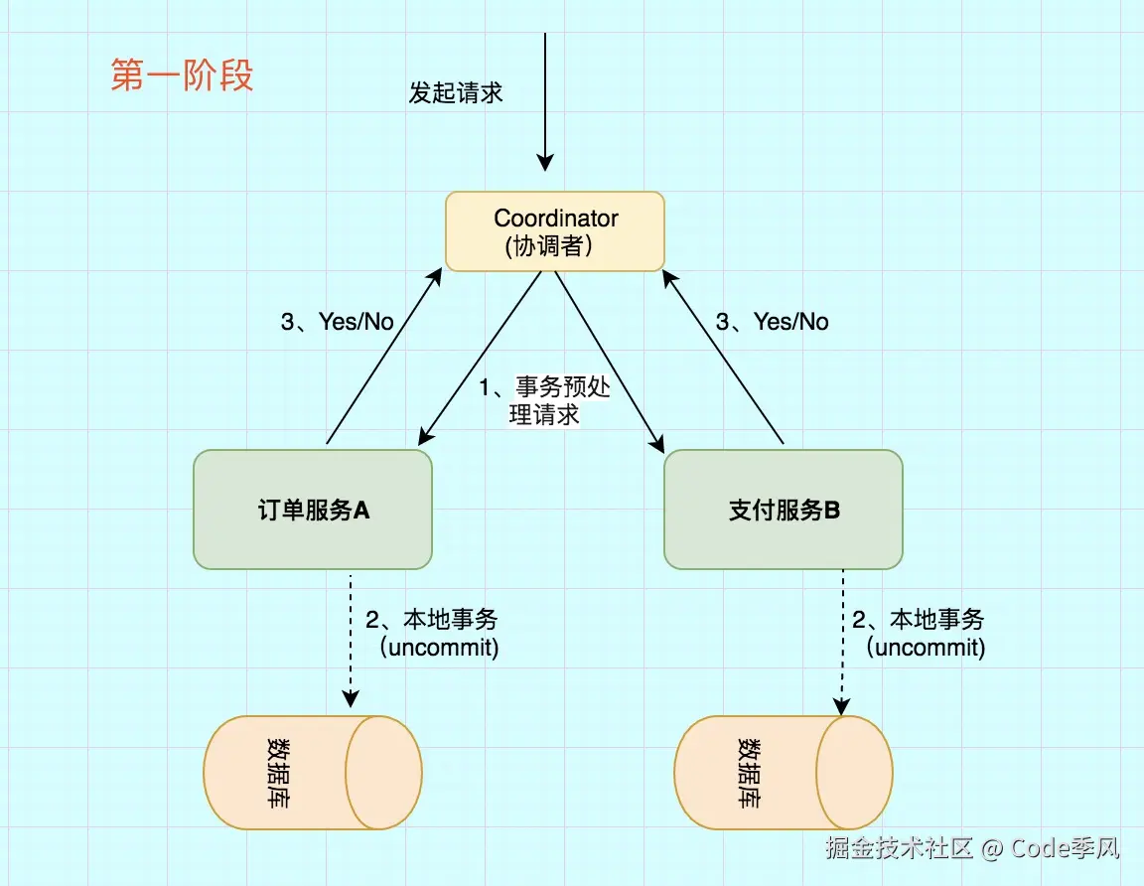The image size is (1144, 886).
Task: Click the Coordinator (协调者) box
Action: pos(554,231)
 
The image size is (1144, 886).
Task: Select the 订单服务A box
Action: pos(313,510)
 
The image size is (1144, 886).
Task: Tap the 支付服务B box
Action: pos(784,510)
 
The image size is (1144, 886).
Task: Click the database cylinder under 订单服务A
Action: pos(313,772)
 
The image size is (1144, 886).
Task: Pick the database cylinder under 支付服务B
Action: pos(784,772)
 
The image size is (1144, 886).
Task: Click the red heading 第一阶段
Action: pos(182,75)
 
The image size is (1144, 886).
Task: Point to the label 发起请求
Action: pos(456,92)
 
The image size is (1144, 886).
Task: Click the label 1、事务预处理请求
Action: pos(545,400)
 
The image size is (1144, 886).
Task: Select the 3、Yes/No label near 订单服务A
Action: pos(338,321)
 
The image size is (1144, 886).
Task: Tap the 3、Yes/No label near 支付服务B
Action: pos(773,321)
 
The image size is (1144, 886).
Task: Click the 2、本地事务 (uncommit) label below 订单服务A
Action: pos(433,634)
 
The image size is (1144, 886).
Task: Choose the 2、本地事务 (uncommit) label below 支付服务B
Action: pos(920,634)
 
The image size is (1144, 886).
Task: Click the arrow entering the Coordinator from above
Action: pos(544,99)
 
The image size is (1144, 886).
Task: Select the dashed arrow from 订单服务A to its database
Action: pos(351,636)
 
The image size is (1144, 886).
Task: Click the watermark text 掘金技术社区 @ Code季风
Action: pos(973,848)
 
